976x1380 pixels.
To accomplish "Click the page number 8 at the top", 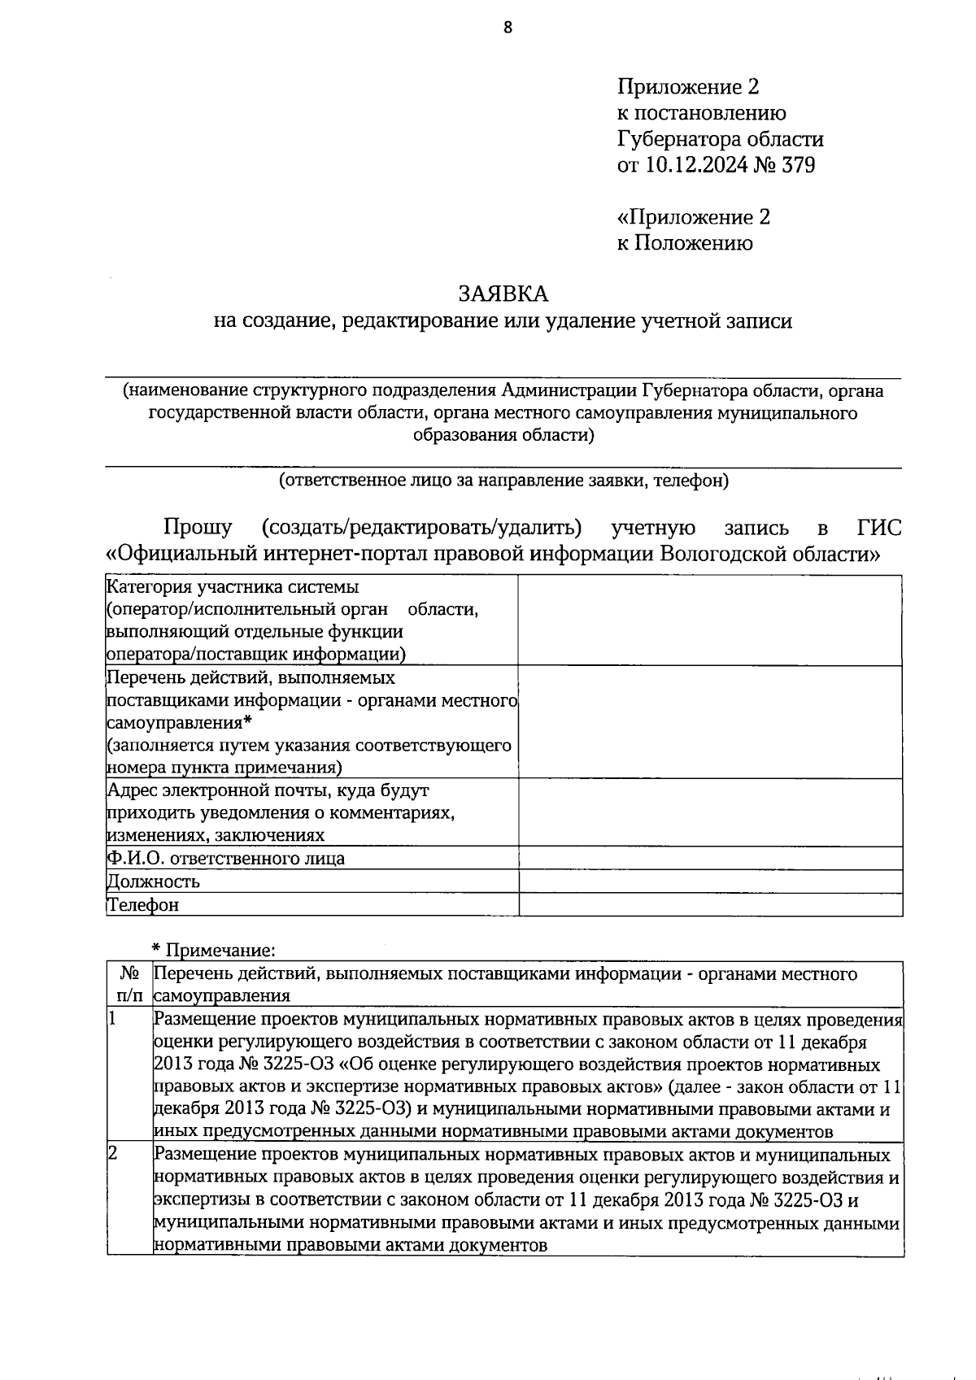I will (x=508, y=28).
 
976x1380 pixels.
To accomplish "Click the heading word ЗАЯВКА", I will (x=503, y=293).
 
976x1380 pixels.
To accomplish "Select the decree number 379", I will (x=798, y=165).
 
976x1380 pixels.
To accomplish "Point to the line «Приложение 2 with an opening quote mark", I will (x=693, y=217).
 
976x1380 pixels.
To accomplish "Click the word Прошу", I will (x=198, y=528).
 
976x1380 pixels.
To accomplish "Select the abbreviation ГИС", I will (x=878, y=528).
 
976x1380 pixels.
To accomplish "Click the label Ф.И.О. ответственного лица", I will (x=225, y=858).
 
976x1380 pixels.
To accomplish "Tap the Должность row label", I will (x=154, y=882).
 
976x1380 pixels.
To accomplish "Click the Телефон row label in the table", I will (x=143, y=904).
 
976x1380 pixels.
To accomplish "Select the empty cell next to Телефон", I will (x=710, y=904).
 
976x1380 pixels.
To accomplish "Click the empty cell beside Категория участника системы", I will (x=710, y=620).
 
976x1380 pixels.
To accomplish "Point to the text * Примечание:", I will (x=214, y=949).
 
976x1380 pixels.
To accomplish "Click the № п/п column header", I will (x=129, y=984).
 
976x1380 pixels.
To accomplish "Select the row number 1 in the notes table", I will (x=113, y=1018).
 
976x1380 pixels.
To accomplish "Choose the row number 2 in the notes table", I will (x=114, y=1155).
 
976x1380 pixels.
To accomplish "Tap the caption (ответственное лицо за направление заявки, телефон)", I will (x=503, y=481).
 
